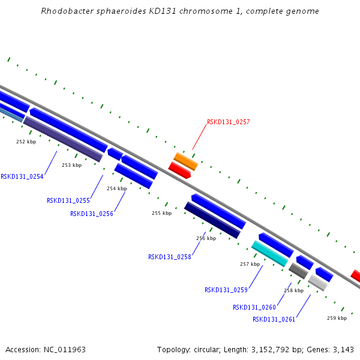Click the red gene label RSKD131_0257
(x=228, y=122)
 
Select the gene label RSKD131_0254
(x=22, y=176)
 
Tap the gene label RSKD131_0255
(x=68, y=200)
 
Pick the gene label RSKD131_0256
(x=91, y=214)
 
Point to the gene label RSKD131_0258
(x=169, y=257)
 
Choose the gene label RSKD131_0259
(x=226, y=290)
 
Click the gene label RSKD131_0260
(x=254, y=307)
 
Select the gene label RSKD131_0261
(x=274, y=319)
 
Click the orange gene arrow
(x=186, y=161)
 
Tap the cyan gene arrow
(x=269, y=253)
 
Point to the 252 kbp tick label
(x=26, y=142)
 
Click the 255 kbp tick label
(x=161, y=213)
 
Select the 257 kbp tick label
(x=250, y=264)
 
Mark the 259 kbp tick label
(x=337, y=318)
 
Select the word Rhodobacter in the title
(x=65, y=11)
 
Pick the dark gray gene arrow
(x=298, y=271)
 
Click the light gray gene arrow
(x=317, y=283)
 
